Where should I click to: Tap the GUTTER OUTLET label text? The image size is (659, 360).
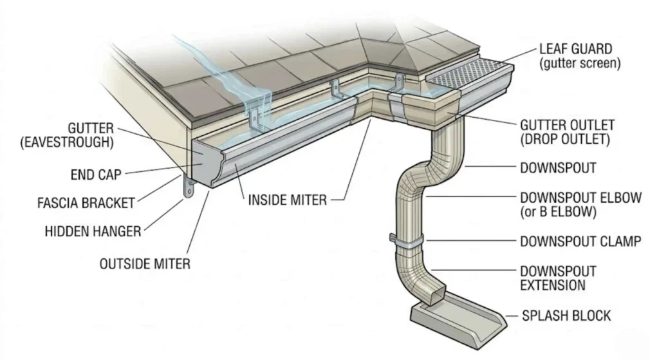567,124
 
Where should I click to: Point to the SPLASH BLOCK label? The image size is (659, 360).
566,316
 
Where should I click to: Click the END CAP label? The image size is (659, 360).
96,174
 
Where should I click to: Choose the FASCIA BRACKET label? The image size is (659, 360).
86,204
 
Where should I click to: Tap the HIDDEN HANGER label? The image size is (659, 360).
93,230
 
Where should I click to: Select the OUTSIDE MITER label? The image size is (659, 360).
145,263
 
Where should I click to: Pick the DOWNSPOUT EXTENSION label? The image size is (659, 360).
557,278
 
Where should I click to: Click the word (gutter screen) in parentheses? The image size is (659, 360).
580,63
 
